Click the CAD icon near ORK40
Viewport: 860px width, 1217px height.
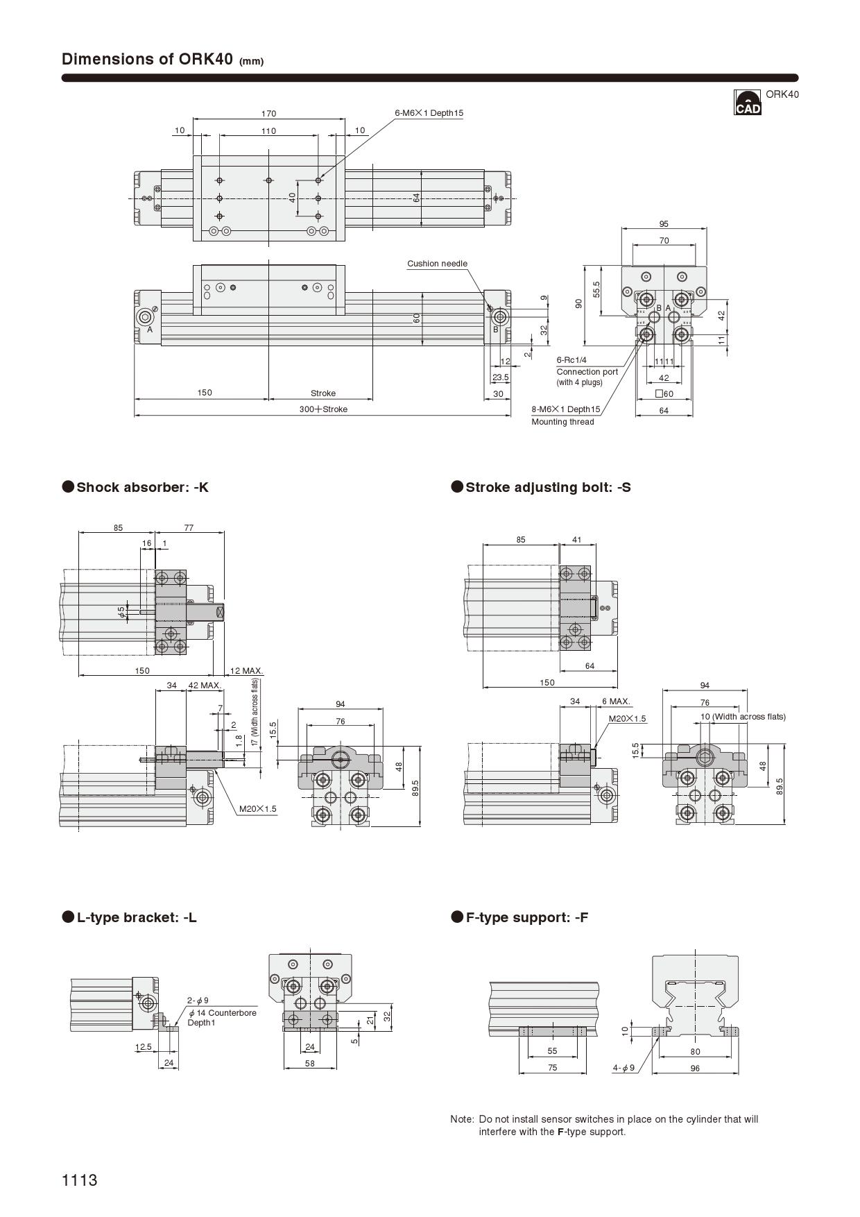tap(747, 102)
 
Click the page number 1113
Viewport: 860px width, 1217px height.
tap(80, 1180)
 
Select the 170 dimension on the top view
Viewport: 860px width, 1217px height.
tap(268, 113)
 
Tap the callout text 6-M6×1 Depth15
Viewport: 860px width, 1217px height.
tap(429, 112)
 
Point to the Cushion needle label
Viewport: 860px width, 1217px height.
tap(437, 264)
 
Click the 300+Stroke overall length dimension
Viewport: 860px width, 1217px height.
tap(323, 409)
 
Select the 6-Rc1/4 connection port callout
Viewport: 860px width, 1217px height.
tap(571, 360)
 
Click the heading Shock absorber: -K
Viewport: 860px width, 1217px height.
tap(142, 487)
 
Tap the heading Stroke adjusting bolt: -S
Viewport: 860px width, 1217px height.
tap(548, 487)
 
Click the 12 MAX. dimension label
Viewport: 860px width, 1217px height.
tap(246, 671)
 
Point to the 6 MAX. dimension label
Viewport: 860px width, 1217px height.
tap(616, 701)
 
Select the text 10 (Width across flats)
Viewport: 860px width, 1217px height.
tap(743, 717)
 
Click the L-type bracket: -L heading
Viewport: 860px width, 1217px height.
tap(137, 917)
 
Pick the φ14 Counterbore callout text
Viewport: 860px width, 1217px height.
tap(222, 1013)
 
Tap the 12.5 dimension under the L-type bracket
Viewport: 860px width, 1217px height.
tap(144, 1047)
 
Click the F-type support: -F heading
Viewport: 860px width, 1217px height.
tap(526, 917)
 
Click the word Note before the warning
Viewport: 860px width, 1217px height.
tap(461, 1119)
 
